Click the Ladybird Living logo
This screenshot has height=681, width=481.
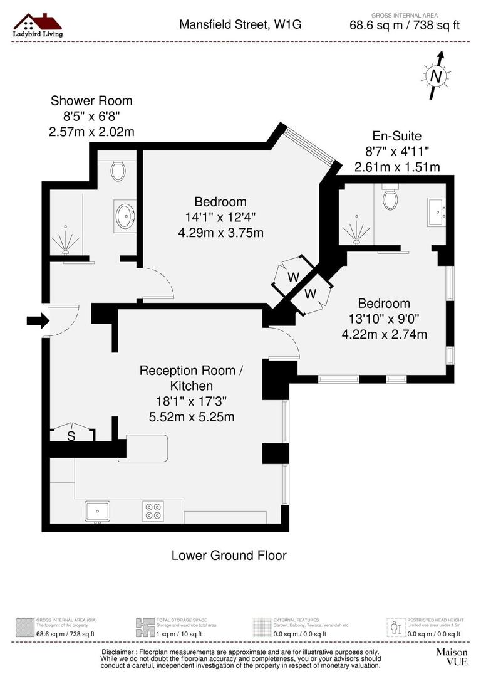tap(38, 25)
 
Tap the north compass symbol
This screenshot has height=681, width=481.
tap(436, 76)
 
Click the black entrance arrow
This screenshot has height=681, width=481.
tap(37, 321)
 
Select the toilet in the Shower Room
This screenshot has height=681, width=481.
tap(118, 170)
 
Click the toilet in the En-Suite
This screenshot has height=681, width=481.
tap(391, 198)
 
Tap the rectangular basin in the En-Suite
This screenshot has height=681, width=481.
tap(436, 211)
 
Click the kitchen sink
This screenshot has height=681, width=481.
tap(97, 511)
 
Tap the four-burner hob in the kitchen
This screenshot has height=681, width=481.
tap(153, 511)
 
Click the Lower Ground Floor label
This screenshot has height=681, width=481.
tap(229, 556)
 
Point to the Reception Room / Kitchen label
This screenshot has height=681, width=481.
tap(191, 378)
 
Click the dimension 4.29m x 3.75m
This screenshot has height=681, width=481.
tap(220, 232)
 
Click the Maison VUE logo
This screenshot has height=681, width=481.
tap(452, 657)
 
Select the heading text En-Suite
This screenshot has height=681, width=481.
tap(396, 135)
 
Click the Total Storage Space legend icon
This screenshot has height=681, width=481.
tap(145, 627)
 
